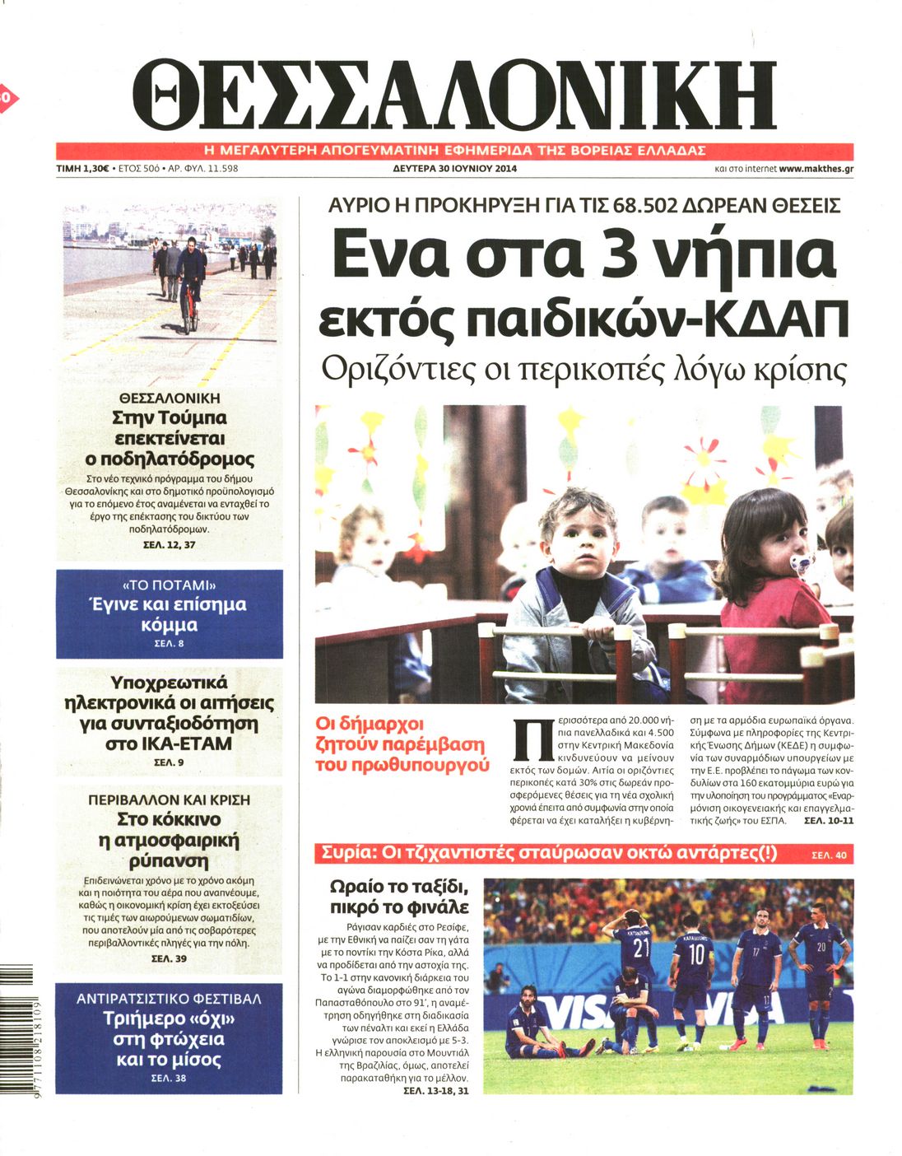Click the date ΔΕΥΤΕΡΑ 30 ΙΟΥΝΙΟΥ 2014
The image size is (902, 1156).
[455, 169]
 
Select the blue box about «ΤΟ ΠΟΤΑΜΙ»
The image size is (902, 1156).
[170, 613]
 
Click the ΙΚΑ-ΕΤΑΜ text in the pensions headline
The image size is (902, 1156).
[170, 743]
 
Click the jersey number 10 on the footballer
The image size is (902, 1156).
[696, 954]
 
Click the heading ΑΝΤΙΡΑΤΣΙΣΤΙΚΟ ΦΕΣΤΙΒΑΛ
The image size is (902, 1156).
[169, 999]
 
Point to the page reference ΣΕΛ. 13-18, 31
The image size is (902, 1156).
[436, 1091]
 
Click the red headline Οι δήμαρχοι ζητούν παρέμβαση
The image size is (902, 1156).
[401, 744]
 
